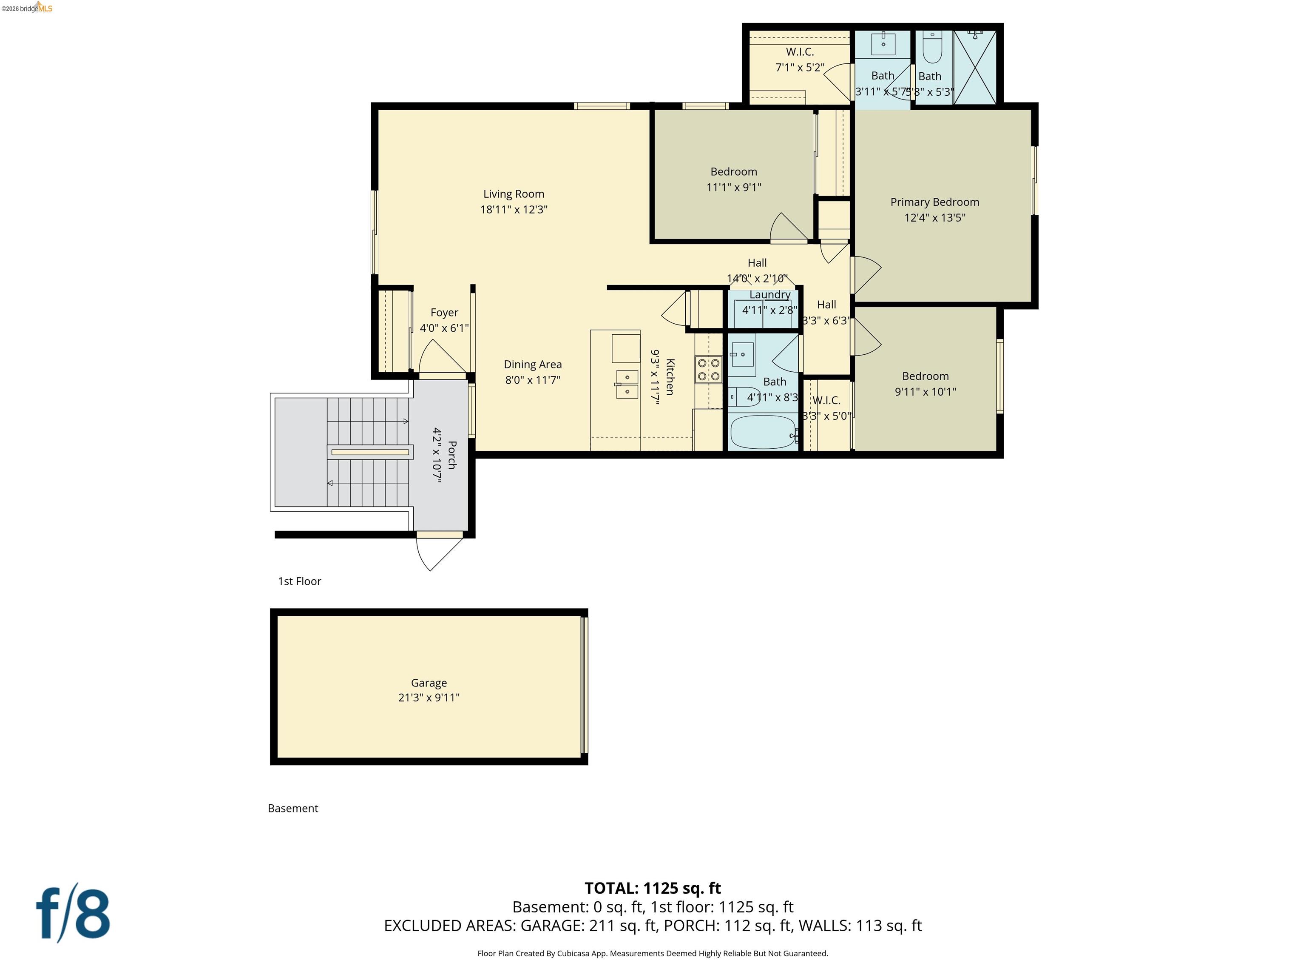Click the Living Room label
[513, 194]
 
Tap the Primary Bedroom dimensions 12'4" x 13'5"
[934, 217]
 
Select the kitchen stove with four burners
[708, 369]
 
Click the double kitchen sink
[627, 384]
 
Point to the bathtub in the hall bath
[763, 433]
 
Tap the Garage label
[429, 683]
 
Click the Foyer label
[444, 313]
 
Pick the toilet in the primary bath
[932, 47]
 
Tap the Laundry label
[769, 294]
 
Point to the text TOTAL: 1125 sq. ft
[653, 888]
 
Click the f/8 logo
[73, 914]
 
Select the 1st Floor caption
[299, 581]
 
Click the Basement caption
[293, 808]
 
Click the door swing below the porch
[437, 551]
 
